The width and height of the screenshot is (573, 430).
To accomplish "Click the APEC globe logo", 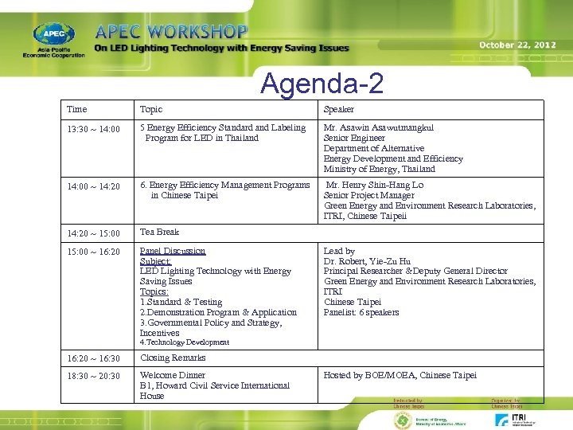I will (53, 34).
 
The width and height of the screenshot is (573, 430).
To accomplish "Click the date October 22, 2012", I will (517, 45).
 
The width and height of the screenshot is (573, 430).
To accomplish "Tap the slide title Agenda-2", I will (322, 82).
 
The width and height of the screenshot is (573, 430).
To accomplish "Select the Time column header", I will (77, 109).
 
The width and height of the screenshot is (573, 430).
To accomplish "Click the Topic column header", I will (150, 109).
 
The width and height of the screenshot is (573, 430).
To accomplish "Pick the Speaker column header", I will (338, 109).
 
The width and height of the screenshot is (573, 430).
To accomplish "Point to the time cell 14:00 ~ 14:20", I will (94, 186).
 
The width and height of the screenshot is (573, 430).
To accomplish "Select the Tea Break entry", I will (159, 232).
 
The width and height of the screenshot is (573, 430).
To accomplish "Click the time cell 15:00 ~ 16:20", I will (94, 252).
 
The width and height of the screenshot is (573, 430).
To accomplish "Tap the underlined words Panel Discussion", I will (172, 251).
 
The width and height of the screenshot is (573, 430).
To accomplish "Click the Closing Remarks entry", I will (172, 358).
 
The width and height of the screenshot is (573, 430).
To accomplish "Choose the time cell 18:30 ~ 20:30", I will (94, 376).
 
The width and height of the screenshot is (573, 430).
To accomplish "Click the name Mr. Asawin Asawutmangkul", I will (378, 127).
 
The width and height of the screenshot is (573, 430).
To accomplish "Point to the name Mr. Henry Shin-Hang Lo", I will (375, 185).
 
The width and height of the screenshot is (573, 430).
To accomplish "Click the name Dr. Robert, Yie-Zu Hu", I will (367, 261).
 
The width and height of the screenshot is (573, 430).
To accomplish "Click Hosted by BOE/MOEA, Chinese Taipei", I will (400, 375).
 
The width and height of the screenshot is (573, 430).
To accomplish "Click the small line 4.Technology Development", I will (184, 342).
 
